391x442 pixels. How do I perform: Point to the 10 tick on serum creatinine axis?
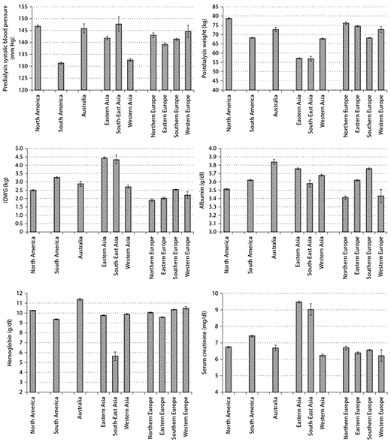[x=215, y=293]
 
